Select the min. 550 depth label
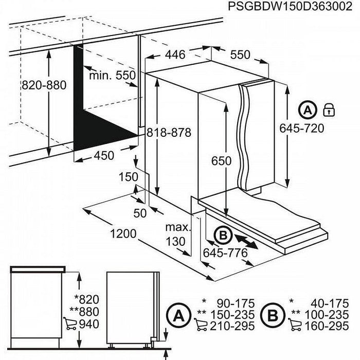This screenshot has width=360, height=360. pyautogui.click(x=112, y=75)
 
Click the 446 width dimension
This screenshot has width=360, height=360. pyautogui.click(x=175, y=55)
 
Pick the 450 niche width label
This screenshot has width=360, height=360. pyautogui.click(x=102, y=156)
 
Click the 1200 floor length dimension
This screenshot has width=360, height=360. pyautogui.click(x=122, y=233)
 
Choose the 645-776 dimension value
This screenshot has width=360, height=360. pyautogui.click(x=225, y=253)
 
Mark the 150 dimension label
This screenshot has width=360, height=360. pyautogui.click(x=128, y=177)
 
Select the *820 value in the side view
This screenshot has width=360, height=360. pyautogui.click(x=85, y=300)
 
